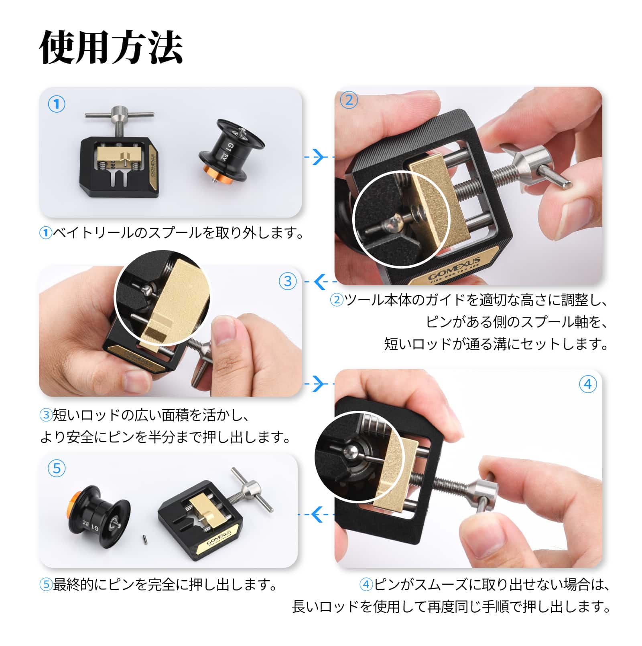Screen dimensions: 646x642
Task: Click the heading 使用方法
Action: tap(111, 48)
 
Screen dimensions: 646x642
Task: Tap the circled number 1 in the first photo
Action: tap(57, 104)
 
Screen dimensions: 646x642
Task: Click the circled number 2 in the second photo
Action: tap(349, 100)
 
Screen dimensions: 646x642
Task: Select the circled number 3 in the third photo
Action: tap(288, 281)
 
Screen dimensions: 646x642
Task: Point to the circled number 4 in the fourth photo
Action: tap(588, 384)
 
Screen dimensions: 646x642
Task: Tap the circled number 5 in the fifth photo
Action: tap(57, 468)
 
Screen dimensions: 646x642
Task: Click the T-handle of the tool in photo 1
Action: tap(119, 115)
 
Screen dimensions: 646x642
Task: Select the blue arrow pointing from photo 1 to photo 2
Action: tap(318, 157)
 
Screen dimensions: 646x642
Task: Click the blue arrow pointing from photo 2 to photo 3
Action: tap(320, 282)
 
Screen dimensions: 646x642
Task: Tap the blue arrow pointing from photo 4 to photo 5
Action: tap(317, 514)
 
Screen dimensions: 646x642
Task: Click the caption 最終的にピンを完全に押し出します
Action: tap(165, 585)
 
